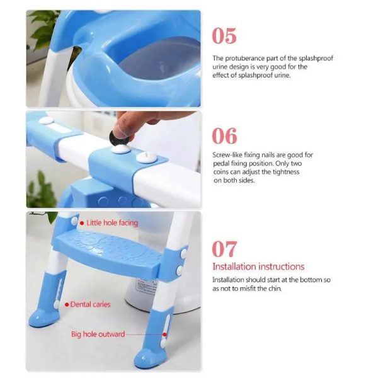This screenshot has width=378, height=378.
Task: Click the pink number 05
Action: (x=224, y=36)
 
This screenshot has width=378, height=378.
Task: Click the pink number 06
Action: (x=224, y=136)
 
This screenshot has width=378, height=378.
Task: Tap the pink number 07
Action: (x=224, y=249)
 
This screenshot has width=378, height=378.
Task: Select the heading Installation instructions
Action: (x=258, y=266)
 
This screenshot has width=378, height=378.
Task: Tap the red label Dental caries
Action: (x=90, y=304)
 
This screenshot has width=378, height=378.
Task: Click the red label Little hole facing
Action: (x=112, y=223)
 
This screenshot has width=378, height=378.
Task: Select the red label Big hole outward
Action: (x=98, y=335)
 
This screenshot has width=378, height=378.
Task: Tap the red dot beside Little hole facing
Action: (x=82, y=223)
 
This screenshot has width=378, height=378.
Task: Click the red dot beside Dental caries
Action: (x=67, y=305)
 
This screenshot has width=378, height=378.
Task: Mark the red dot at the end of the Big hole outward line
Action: (x=164, y=335)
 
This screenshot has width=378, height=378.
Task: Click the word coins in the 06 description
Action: (x=221, y=172)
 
